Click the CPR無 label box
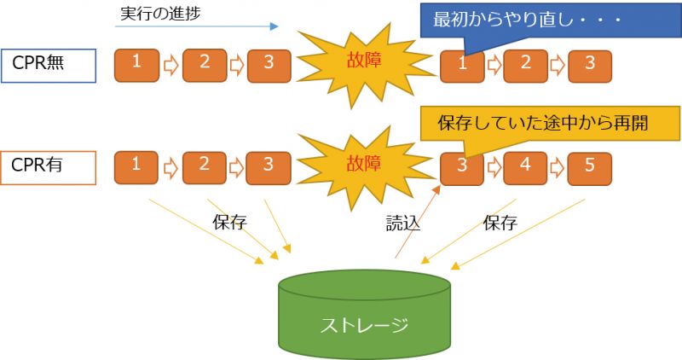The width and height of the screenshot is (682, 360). pyautogui.click(x=49, y=66)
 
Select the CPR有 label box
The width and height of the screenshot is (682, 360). pyautogui.click(x=49, y=168)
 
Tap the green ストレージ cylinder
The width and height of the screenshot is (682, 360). pyautogui.click(x=365, y=314)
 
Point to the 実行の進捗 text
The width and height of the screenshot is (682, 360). pyautogui.click(x=160, y=14)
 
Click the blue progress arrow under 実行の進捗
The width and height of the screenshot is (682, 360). pyautogui.click(x=197, y=26)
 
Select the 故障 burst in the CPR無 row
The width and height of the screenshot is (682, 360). pyautogui.click(x=365, y=65)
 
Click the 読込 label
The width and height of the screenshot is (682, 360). pyautogui.click(x=403, y=224)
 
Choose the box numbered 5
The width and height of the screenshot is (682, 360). pyautogui.click(x=590, y=168)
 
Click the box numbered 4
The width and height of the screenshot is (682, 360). pyautogui.click(x=525, y=168)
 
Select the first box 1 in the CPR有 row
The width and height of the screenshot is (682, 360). pyautogui.click(x=136, y=167)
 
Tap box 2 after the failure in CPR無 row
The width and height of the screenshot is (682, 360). pyautogui.click(x=525, y=67)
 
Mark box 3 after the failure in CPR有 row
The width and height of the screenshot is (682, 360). pyautogui.click(x=462, y=168)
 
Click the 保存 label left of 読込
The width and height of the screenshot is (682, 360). pyautogui.click(x=229, y=223)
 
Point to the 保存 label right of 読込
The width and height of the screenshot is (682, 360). pyautogui.click(x=500, y=223)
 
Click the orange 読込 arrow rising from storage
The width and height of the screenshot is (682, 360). pyautogui.click(x=418, y=222)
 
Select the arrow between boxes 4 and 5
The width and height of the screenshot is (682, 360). pyautogui.click(x=558, y=168)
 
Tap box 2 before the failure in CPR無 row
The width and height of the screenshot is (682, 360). pyautogui.click(x=205, y=66)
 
